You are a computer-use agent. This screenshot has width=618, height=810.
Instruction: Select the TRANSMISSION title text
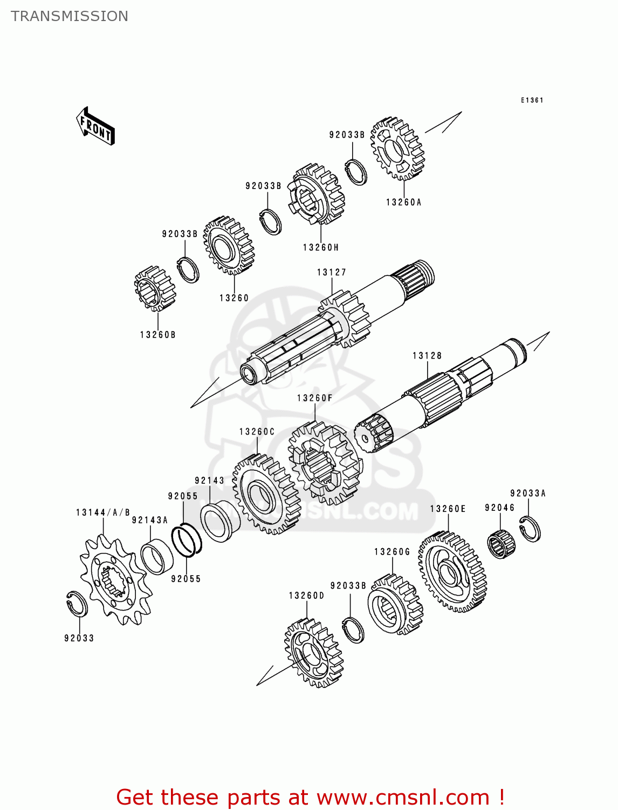pos(70,16)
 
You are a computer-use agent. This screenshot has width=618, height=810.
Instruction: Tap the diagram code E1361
pos(532,100)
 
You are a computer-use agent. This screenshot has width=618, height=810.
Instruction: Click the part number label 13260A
pos(403,202)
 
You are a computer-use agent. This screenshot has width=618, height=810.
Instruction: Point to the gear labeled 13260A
pos(397,148)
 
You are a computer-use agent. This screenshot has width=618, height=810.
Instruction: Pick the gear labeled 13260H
pos(316,194)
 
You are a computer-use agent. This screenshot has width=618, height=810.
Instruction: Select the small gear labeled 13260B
pos(155,289)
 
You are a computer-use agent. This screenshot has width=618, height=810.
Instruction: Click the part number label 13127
pos(331,273)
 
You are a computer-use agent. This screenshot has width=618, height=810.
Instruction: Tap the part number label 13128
pos(427,356)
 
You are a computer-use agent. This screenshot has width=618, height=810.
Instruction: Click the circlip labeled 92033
pos(77,603)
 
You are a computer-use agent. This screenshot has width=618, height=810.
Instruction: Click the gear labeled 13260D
pos(313,653)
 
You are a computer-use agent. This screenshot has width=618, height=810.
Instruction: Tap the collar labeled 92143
pos(220,522)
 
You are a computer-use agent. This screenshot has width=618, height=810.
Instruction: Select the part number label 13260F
pos(314,399)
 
